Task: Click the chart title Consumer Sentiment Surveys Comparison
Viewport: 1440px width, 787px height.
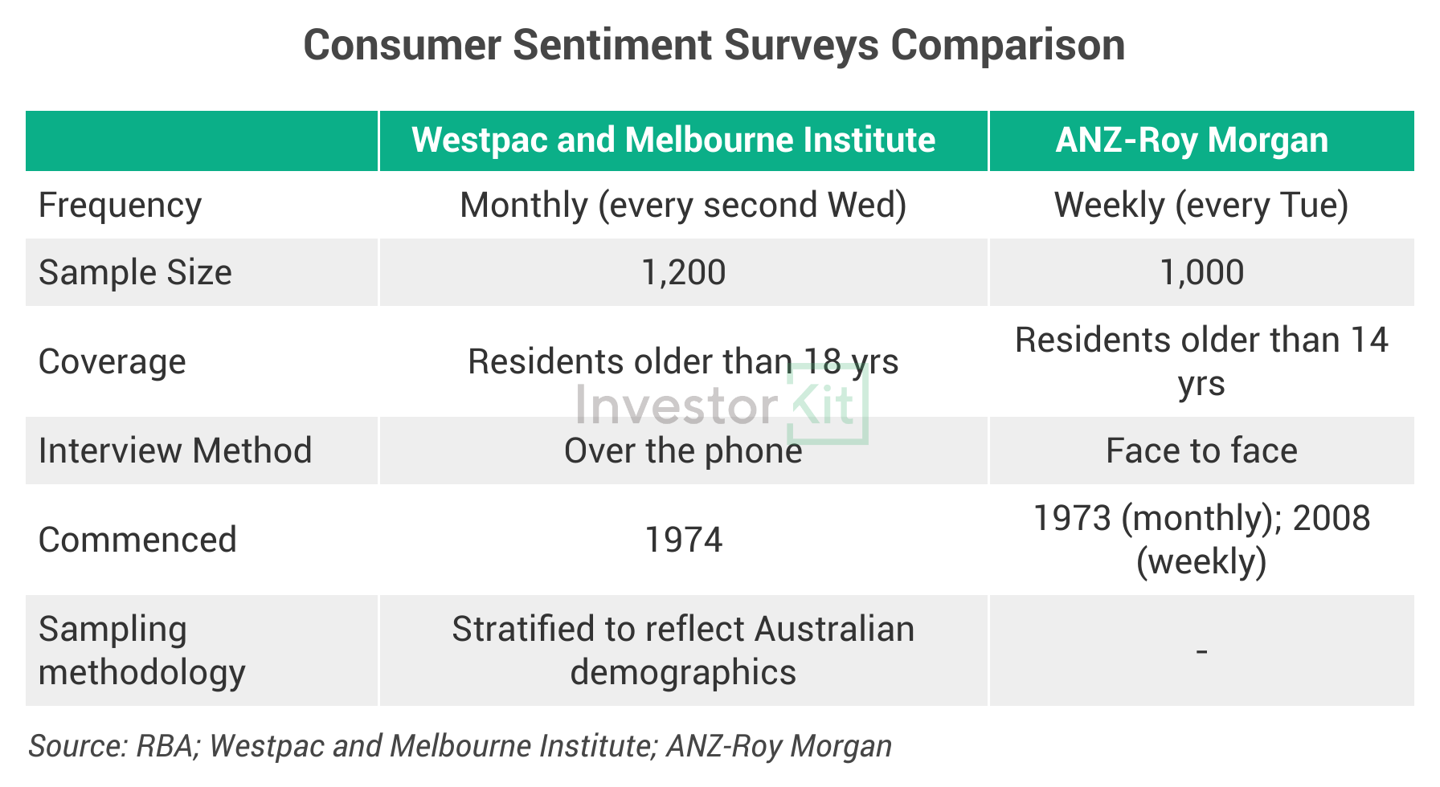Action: point(714,46)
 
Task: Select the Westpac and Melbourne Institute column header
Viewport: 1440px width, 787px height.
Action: point(673,141)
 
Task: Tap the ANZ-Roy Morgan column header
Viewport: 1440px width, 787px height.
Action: point(1192,141)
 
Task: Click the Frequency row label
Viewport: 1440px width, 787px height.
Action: point(121,206)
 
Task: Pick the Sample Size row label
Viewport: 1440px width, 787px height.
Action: point(135,273)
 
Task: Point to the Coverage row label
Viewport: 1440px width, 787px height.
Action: point(112,362)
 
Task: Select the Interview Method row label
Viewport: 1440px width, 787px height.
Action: point(175,451)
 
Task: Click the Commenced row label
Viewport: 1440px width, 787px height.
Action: point(137,540)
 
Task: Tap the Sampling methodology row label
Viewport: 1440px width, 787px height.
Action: point(141,650)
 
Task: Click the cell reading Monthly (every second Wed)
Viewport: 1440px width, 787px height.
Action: point(683,206)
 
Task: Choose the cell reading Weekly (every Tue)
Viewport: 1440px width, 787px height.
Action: point(1201,206)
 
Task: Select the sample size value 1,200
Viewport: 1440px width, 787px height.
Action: point(683,273)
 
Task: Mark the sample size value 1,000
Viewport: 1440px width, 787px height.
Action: point(1201,273)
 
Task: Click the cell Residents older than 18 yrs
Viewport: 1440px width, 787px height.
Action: point(683,362)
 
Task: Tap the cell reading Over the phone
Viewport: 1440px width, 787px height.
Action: point(683,451)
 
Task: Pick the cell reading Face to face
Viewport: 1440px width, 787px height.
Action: point(1201,451)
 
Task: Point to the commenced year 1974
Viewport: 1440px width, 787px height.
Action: point(683,540)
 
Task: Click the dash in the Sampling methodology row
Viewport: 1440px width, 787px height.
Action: point(1201,651)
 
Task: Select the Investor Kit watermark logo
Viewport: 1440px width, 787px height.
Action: point(722,405)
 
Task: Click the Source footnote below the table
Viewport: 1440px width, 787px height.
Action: point(460,747)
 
